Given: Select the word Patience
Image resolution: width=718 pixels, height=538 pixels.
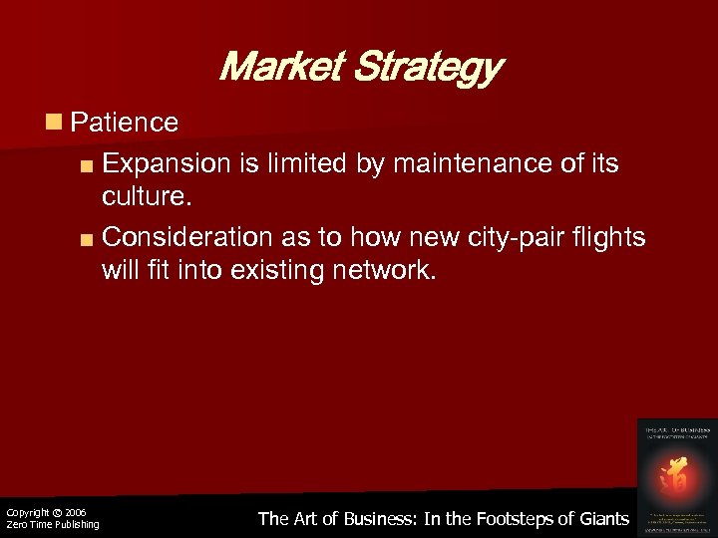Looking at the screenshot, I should click(125, 123).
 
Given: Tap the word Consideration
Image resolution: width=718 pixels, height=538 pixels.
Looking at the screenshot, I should click(187, 237).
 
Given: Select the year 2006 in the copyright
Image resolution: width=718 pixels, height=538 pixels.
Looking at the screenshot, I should click(76, 512).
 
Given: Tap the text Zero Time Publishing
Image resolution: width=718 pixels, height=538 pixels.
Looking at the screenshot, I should click(52, 525).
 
